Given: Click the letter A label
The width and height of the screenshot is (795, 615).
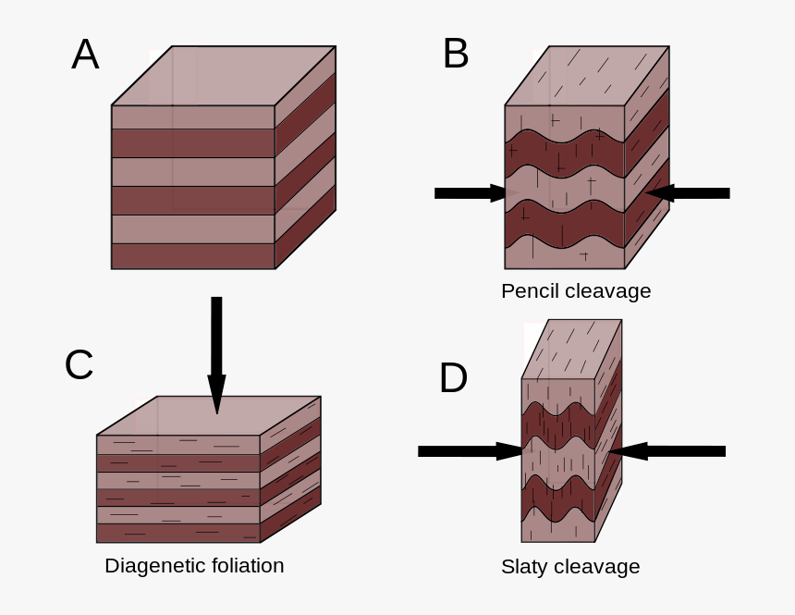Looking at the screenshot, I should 85,55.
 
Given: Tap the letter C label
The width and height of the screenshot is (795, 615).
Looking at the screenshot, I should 79,365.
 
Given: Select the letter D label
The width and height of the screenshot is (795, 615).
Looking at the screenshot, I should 453,378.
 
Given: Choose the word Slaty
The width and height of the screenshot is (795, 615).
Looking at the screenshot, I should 524,566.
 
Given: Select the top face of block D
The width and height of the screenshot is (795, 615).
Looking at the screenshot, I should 571,349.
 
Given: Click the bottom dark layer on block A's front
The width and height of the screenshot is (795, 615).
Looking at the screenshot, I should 192,256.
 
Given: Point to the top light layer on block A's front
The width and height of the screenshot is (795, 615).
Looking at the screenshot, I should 192,117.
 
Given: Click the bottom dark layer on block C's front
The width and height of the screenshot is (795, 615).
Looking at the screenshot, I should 177,534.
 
